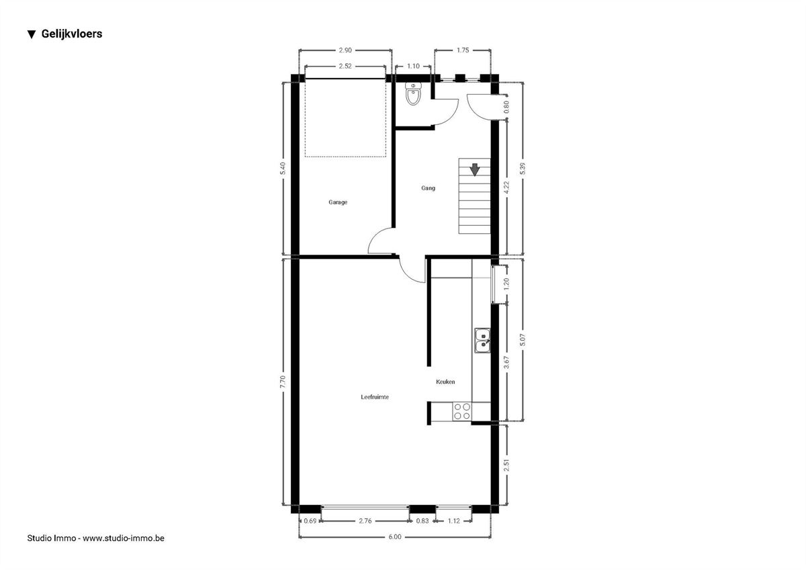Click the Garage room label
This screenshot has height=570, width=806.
(338, 202)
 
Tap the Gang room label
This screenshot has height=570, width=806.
(429, 188)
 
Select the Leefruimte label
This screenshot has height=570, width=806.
(375, 397)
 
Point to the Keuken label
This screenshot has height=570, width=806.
(445, 382)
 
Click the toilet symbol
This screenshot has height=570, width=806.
(412, 93)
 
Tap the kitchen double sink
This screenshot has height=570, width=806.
(482, 340)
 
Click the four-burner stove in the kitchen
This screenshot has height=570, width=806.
(462, 411)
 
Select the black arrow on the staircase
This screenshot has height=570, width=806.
(475, 169)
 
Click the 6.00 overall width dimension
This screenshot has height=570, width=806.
(395, 537)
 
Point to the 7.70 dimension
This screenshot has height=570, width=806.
(283, 382)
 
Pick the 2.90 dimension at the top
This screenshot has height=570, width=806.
(345, 50)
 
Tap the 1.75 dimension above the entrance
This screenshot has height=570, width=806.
(463, 50)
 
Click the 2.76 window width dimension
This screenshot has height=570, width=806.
(365, 521)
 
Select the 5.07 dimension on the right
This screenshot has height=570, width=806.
(523, 339)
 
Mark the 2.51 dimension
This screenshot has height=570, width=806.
(506, 465)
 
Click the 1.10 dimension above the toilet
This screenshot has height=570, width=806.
(413, 67)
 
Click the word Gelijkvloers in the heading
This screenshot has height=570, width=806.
(72, 34)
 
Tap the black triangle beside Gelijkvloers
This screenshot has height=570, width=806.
(32, 34)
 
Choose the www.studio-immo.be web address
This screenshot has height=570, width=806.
(124, 538)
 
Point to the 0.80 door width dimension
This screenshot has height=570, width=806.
(506, 107)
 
